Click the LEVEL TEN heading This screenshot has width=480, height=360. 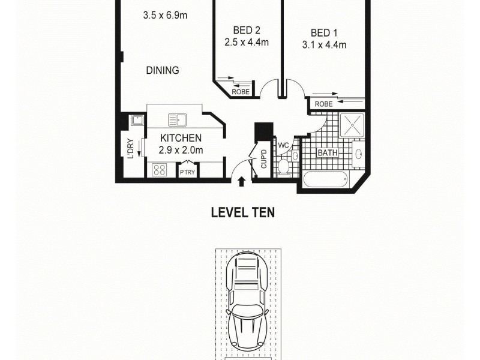pos(242,212)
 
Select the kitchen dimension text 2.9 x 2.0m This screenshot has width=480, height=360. pos(181,151)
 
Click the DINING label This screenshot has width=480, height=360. pos(163,70)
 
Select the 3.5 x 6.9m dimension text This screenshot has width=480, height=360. pos(166,16)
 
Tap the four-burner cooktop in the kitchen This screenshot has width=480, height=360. pos(160,170)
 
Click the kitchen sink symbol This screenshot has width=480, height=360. pos(178,120)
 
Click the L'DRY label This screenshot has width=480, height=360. pos(129,147)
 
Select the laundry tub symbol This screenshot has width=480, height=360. pos(137,120)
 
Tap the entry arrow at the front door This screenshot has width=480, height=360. pos(242,181)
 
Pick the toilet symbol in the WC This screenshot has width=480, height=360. pos(283,166)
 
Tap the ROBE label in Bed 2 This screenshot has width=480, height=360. pos(240,92)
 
